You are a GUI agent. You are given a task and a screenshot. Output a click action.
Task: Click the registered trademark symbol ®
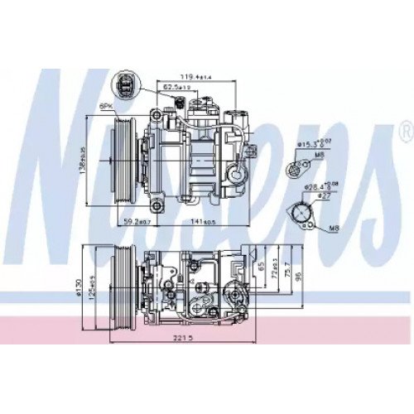(405, 130)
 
